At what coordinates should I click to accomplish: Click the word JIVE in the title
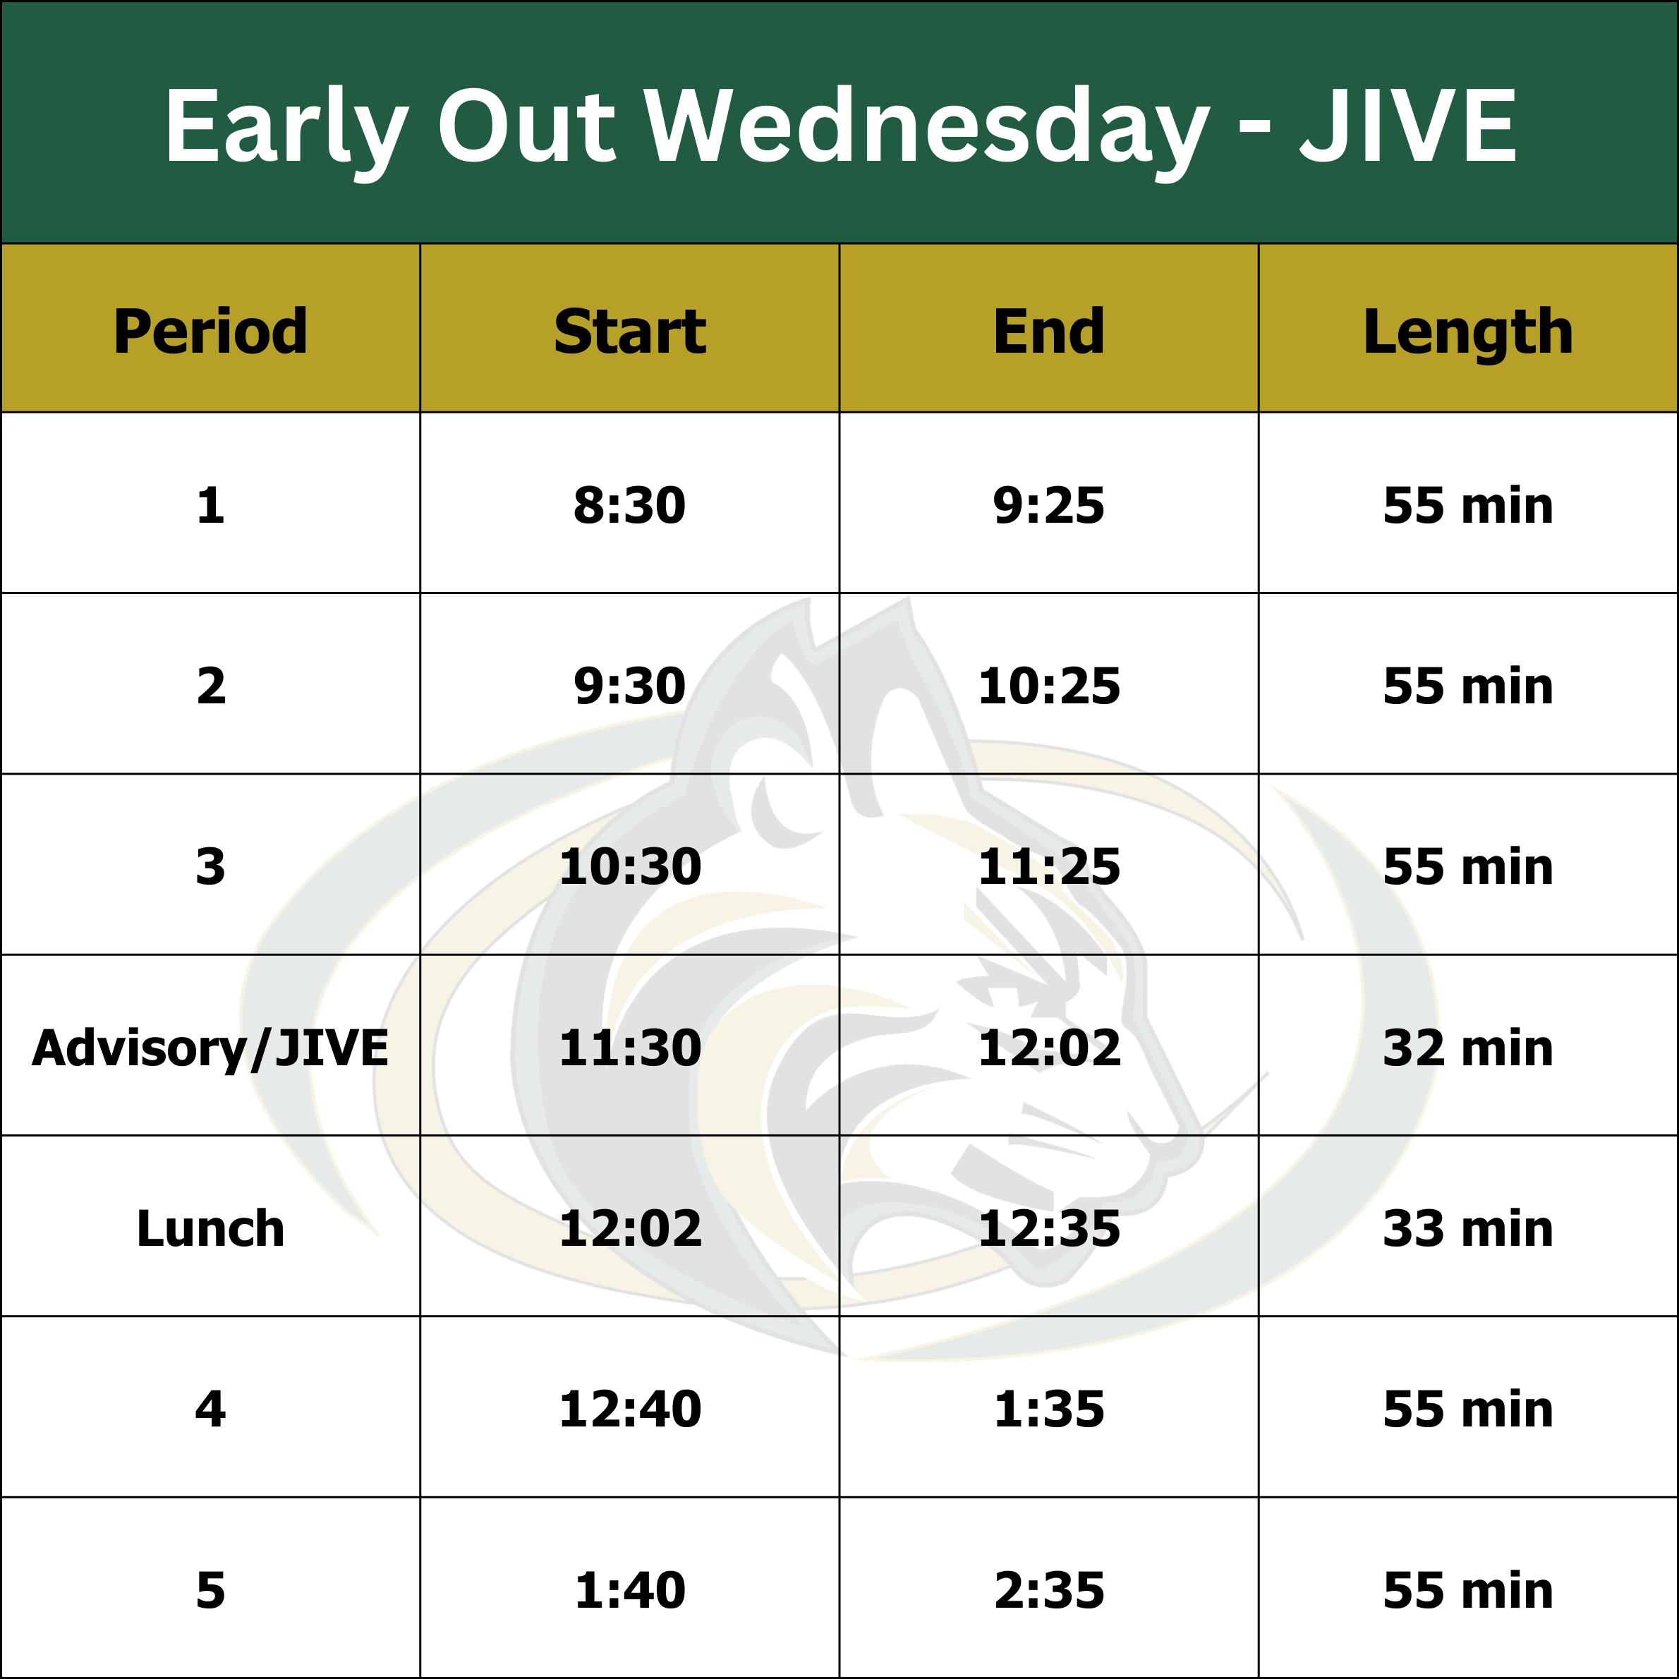1408,126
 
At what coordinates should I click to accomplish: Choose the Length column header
1468,333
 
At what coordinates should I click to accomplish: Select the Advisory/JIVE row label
210,1048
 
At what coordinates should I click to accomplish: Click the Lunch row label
210,1229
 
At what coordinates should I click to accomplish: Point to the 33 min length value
1468,1229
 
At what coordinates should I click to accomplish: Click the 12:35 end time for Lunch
1049,1229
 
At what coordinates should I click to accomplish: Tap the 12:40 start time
630,1409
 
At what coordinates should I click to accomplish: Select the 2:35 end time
1049,1590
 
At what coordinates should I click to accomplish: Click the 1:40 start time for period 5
630,1590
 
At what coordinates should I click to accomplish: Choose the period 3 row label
210,866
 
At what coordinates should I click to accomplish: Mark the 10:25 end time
1049,686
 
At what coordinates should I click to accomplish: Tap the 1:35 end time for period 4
1049,1409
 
